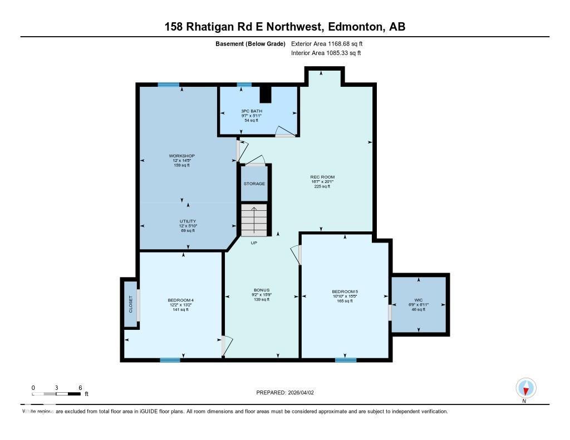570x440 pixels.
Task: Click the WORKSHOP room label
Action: (x=182, y=156)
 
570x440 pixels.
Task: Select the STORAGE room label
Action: (x=254, y=184)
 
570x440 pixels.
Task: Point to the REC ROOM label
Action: (x=322, y=177)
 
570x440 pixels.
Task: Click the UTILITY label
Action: (x=188, y=221)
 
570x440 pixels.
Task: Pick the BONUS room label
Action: (x=262, y=290)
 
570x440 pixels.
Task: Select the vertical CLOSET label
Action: (x=131, y=304)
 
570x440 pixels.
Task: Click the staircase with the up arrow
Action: (x=254, y=220)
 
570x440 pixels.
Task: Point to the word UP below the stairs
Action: (x=254, y=243)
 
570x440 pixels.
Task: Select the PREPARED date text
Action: (x=289, y=393)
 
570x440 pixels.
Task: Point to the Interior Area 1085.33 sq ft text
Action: (x=326, y=53)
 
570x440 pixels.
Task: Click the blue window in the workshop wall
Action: (x=168, y=85)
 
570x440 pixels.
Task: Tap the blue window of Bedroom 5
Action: (x=346, y=360)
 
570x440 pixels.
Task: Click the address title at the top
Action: (x=284, y=27)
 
